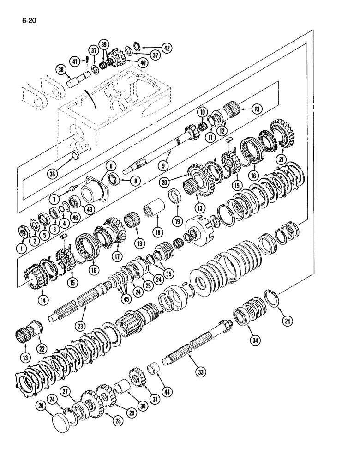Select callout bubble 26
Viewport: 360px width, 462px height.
[40, 407]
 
